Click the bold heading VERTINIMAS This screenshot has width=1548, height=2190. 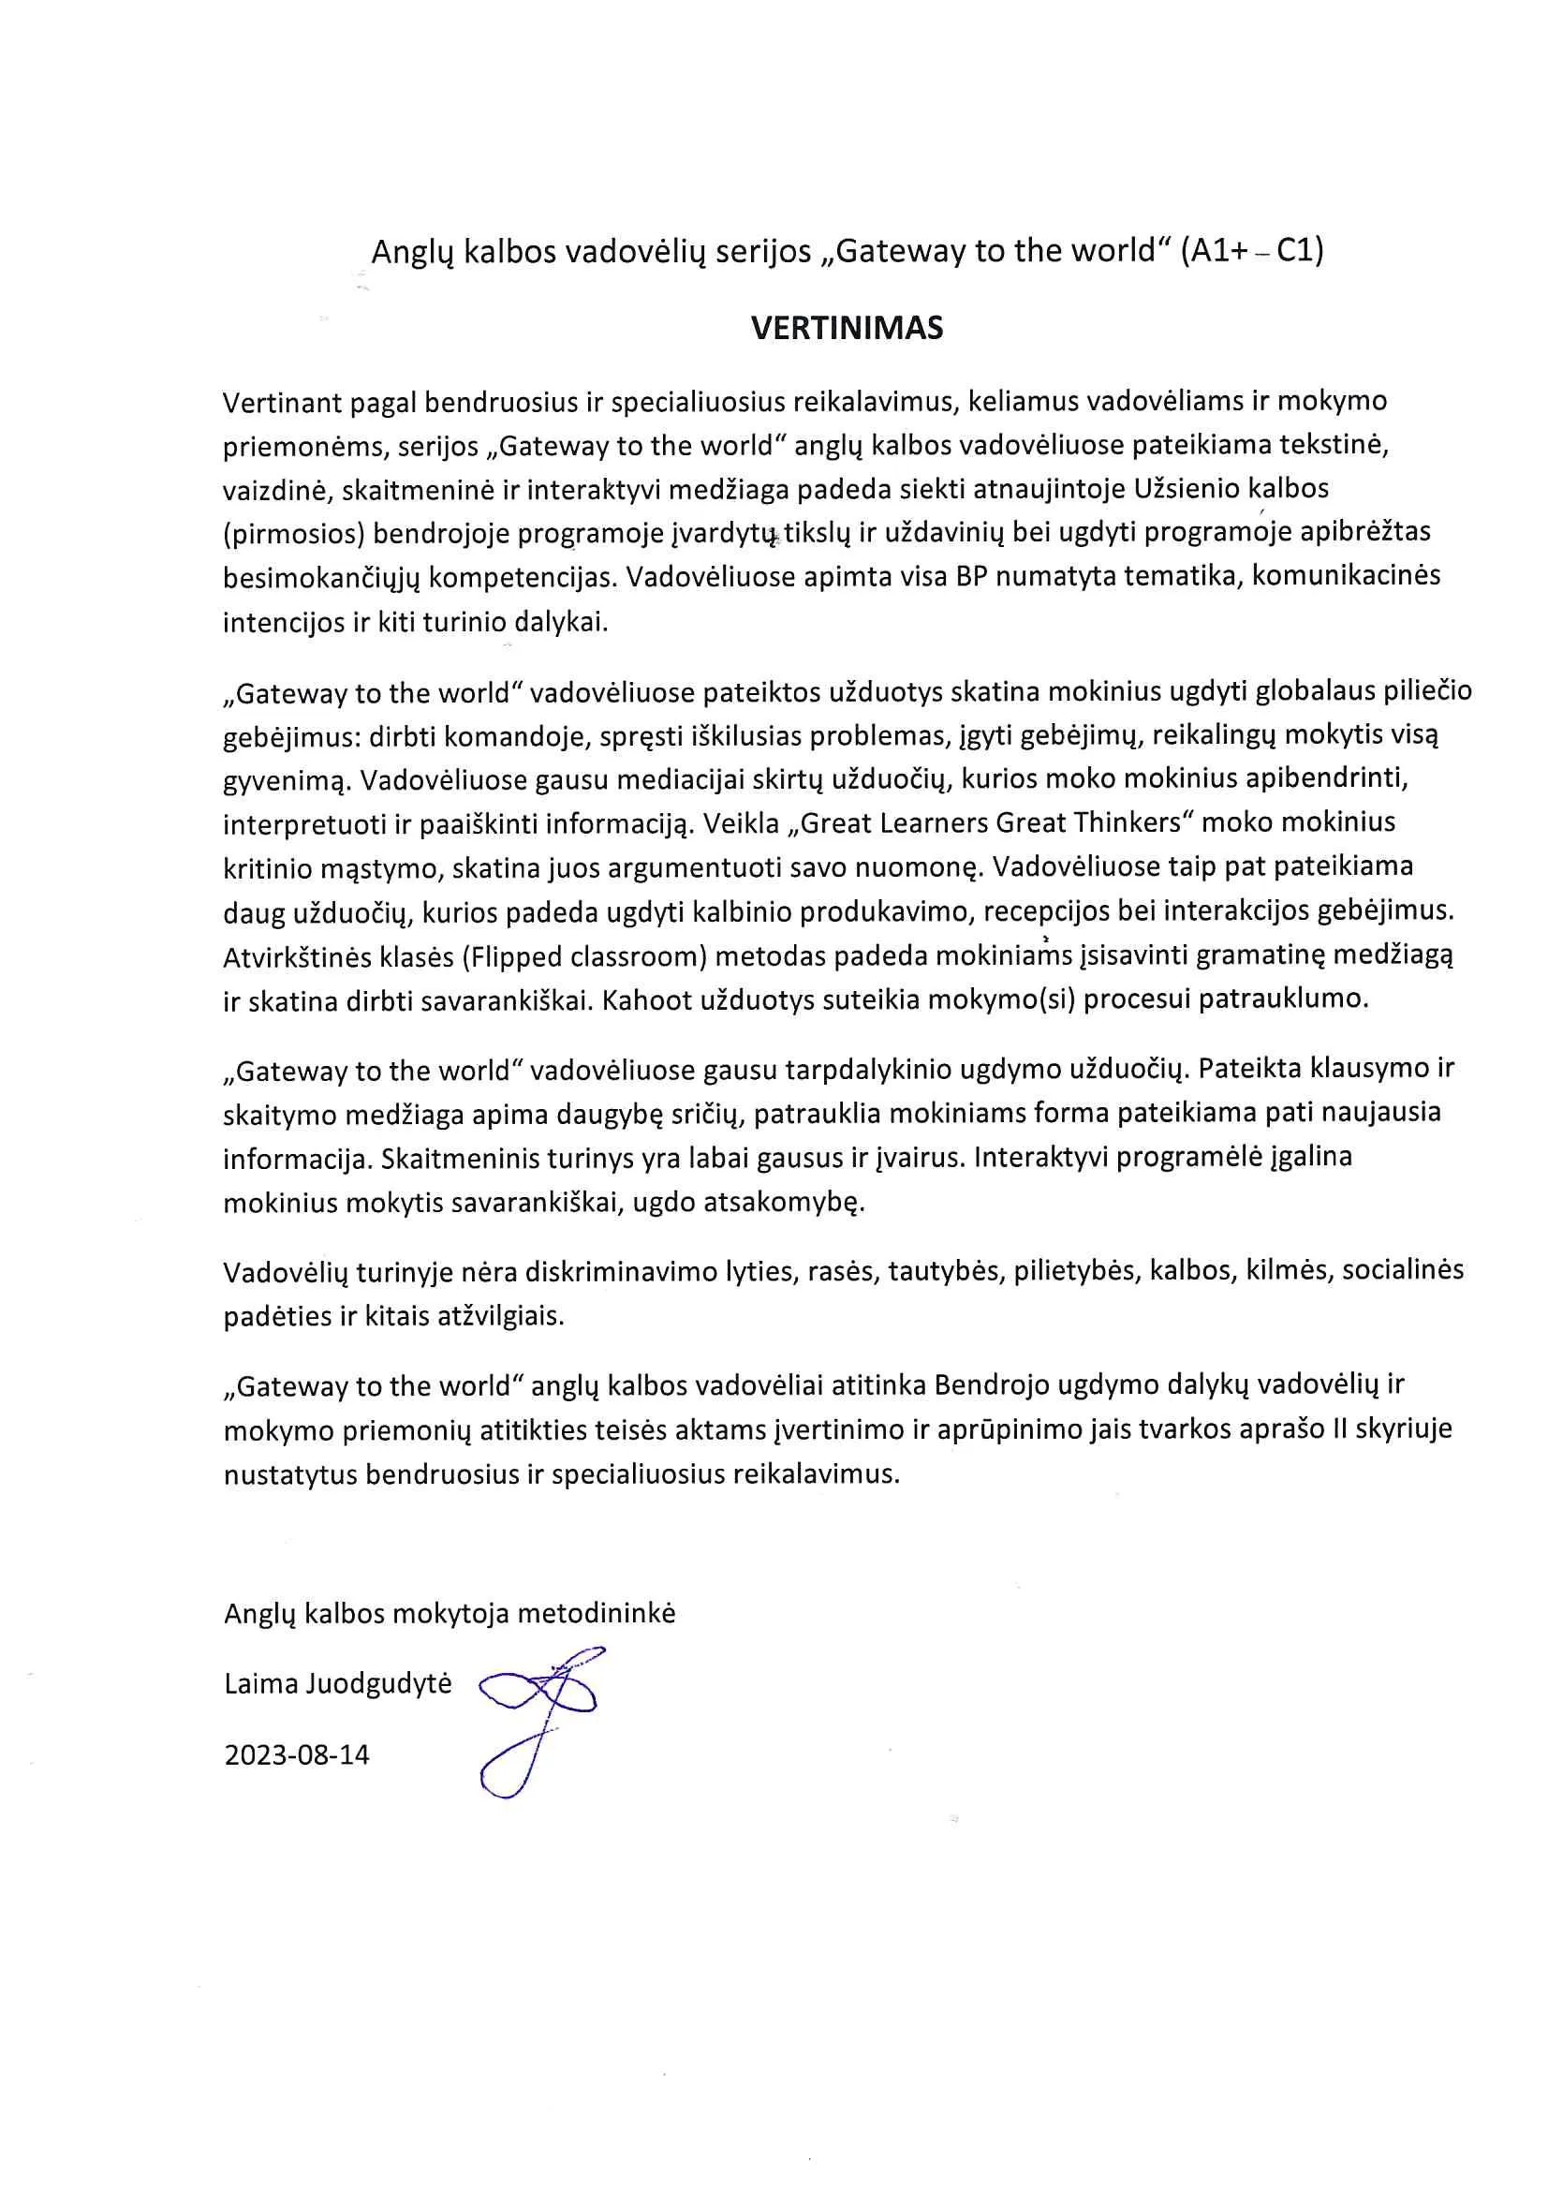(x=847, y=328)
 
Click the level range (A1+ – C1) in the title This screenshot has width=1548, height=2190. (x=1251, y=251)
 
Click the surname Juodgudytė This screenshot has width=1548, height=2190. (x=378, y=1683)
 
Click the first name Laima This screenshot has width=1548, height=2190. (x=260, y=1683)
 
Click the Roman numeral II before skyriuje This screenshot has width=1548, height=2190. (x=1341, y=1428)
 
